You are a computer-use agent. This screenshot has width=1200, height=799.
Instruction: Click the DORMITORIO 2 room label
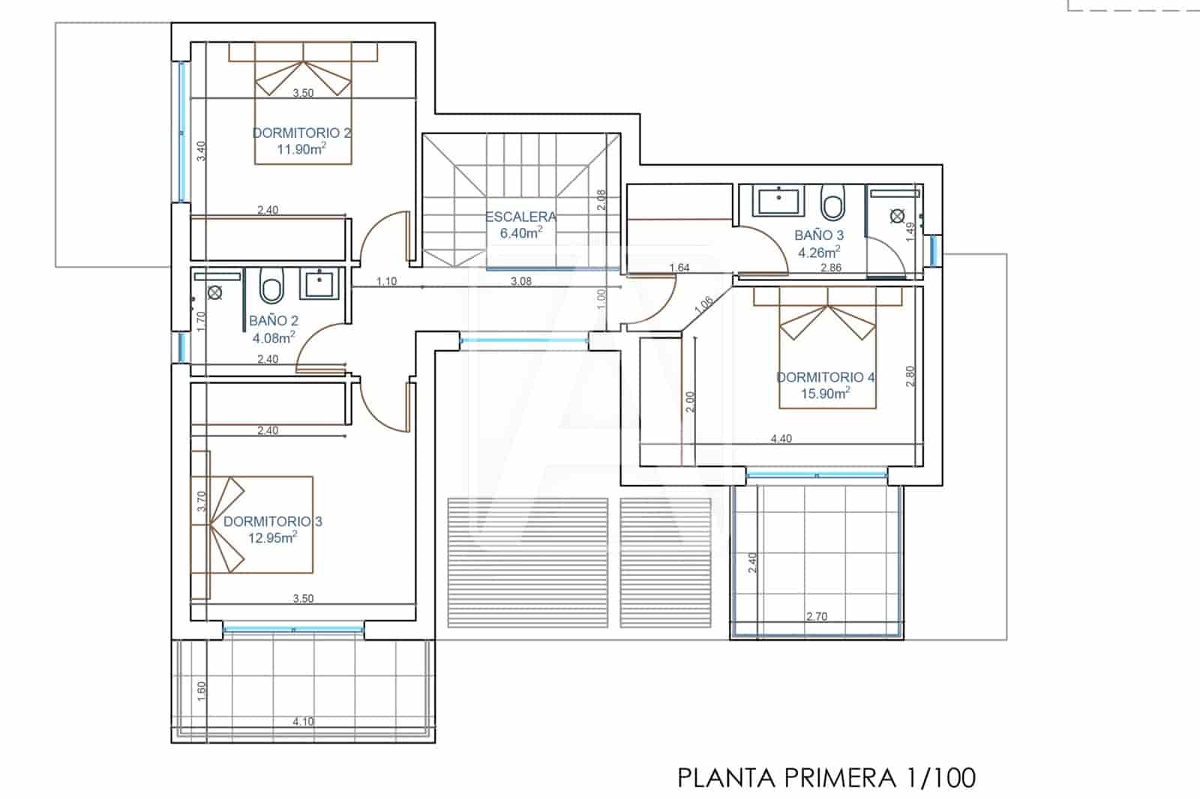[301, 133]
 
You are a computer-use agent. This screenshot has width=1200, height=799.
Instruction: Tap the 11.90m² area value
[301, 148]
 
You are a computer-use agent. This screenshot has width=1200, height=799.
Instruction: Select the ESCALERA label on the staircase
[521, 217]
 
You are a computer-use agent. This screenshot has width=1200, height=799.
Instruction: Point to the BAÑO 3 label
[819, 235]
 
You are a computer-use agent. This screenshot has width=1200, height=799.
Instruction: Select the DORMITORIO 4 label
[825, 377]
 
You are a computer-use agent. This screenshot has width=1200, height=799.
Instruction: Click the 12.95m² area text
[272, 537]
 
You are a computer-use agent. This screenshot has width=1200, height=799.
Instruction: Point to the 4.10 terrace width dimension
[303, 722]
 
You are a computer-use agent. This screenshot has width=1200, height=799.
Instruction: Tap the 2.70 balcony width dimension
[817, 616]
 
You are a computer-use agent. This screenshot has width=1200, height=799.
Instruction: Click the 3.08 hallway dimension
[520, 281]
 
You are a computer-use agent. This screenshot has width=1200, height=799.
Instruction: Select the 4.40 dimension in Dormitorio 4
[781, 438]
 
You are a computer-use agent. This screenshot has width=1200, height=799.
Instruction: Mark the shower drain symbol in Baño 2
[215, 292]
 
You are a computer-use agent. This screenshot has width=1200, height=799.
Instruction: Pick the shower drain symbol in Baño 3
[897, 217]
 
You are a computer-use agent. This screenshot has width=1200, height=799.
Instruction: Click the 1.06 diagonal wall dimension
[703, 304]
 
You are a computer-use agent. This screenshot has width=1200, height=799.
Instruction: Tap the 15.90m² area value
[825, 394]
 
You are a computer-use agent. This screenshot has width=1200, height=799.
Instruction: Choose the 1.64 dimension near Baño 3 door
[679, 268]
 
